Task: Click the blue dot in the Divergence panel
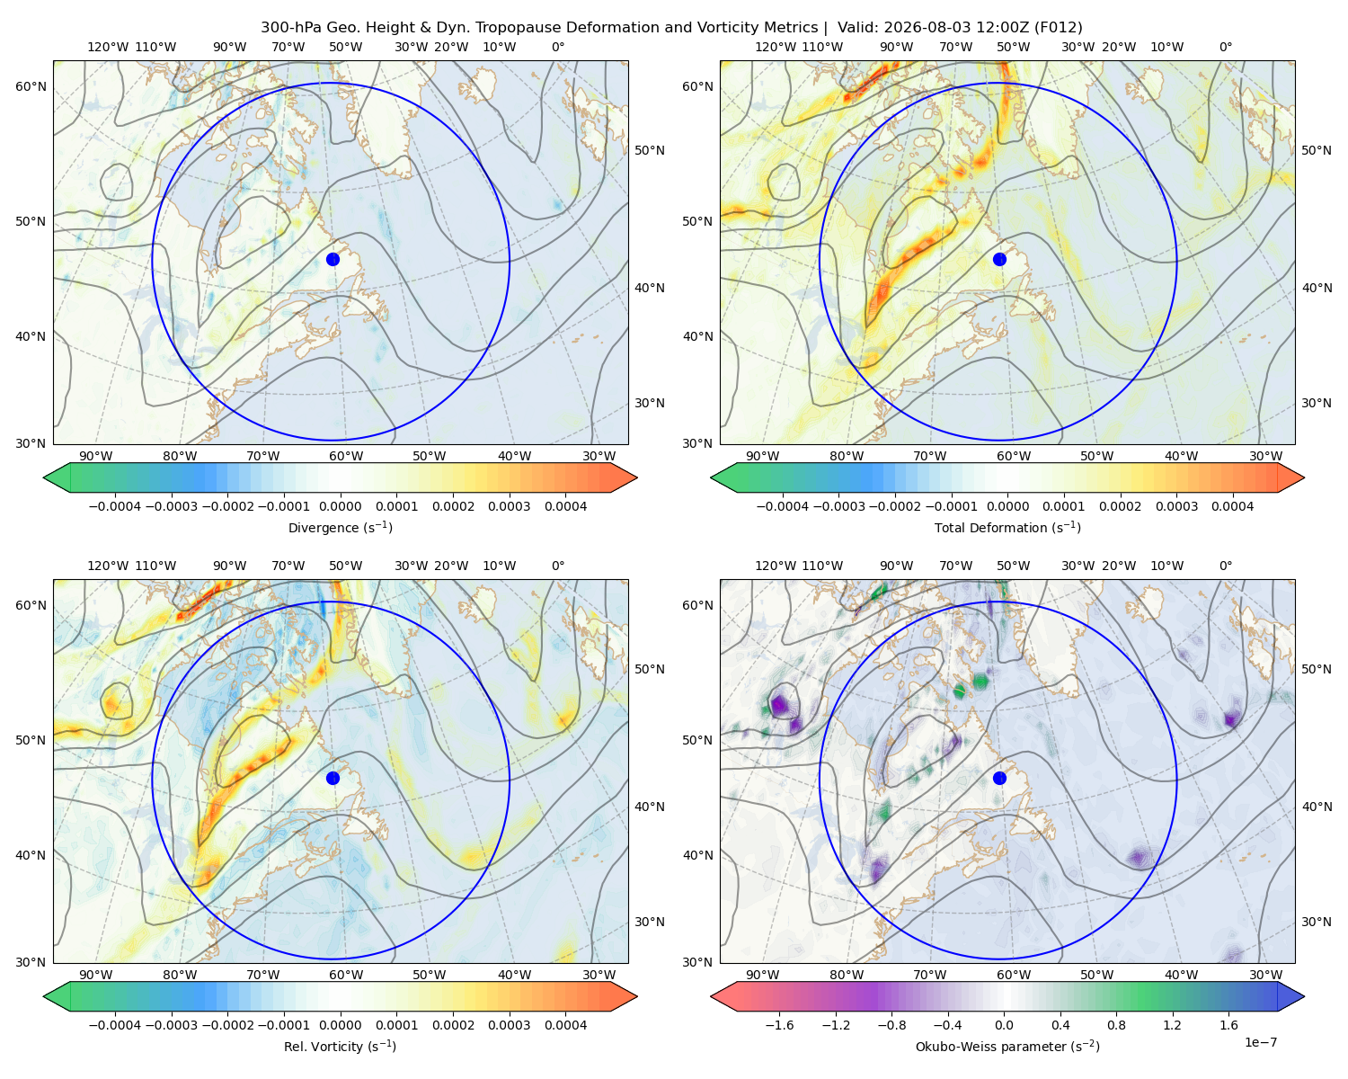[x=333, y=259]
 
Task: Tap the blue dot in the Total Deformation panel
[x=999, y=259]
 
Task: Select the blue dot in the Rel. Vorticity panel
[x=333, y=778]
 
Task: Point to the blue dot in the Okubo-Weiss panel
[x=999, y=778]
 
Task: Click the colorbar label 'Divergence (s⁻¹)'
[x=340, y=528]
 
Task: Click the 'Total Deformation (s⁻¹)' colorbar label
[x=1007, y=528]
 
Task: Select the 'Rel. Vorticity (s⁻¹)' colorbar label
[x=340, y=1047]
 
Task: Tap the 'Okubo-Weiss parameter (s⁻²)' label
[x=1007, y=1047]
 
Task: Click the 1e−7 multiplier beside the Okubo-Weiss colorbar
[x=1260, y=1042]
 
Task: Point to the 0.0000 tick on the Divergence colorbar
[x=340, y=506]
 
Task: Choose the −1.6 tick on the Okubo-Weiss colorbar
[x=780, y=1025]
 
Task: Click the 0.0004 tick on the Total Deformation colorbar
[x=1233, y=506]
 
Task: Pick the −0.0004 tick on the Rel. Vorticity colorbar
[x=115, y=1025]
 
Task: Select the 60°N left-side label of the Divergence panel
[x=31, y=86]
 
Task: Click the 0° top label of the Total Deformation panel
[x=1226, y=47]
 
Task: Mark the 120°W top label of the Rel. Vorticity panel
[x=108, y=566]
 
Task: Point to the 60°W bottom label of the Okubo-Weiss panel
[x=1014, y=975]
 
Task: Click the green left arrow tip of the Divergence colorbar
[x=44, y=477]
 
